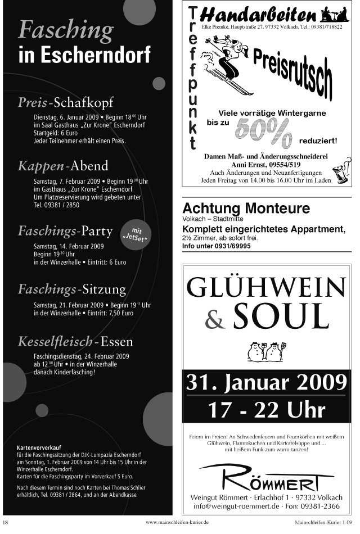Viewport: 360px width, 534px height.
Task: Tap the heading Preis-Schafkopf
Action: (x=65, y=102)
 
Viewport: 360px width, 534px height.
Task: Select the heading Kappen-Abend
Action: (x=63, y=166)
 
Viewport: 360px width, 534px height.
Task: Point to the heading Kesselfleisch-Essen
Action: (x=75, y=342)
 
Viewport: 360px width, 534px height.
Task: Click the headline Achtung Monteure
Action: (x=246, y=209)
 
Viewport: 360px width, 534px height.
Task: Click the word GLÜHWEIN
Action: (x=267, y=288)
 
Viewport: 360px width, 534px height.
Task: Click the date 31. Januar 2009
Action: (x=266, y=384)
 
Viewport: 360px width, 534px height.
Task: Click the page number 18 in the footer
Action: (x=5, y=522)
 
